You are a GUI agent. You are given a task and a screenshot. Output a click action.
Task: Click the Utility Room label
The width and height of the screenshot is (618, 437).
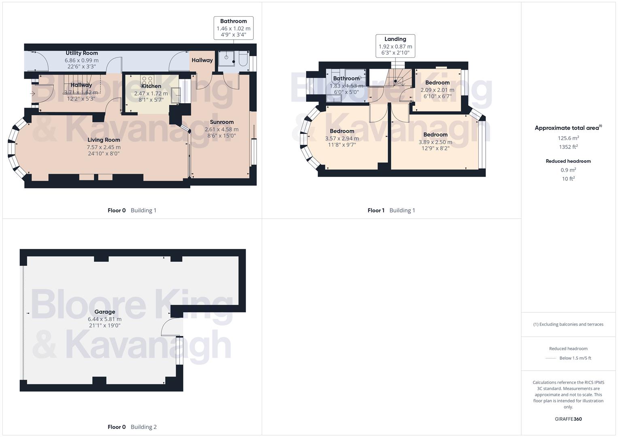click(x=82, y=53)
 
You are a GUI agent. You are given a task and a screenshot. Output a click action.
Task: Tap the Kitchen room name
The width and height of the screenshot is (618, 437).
click(x=151, y=86)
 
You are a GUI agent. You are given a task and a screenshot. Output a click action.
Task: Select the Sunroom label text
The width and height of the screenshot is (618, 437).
click(x=221, y=122)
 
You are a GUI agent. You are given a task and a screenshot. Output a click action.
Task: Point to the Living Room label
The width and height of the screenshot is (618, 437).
click(x=104, y=140)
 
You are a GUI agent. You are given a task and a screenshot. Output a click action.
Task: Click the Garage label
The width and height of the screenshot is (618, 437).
click(x=104, y=312)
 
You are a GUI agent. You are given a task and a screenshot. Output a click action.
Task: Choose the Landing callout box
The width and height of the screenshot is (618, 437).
click(x=395, y=46)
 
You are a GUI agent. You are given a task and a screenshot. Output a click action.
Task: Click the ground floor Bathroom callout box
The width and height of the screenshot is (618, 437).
click(x=234, y=28)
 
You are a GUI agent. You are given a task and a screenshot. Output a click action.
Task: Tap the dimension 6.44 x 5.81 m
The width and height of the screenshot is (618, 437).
click(x=104, y=319)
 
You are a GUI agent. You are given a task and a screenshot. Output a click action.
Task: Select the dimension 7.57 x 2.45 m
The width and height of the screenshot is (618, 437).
click(x=104, y=147)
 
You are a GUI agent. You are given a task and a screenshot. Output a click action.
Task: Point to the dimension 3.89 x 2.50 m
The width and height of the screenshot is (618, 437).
click(x=435, y=142)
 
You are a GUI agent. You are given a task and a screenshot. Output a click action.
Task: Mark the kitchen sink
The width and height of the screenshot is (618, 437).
click(x=176, y=95)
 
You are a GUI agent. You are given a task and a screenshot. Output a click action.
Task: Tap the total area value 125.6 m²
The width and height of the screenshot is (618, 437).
click(x=568, y=138)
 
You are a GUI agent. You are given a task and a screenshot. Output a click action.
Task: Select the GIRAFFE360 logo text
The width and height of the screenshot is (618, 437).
click(x=568, y=419)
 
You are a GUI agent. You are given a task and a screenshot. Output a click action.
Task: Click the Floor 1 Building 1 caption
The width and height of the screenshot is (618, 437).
click(x=391, y=210)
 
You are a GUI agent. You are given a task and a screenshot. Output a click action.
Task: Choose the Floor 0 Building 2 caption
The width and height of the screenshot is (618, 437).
click(x=132, y=427)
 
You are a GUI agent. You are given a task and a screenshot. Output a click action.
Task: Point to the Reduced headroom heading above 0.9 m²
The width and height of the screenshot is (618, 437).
click(x=568, y=161)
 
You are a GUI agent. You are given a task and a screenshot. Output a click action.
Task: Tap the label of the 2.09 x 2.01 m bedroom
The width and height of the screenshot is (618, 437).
click(x=437, y=83)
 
